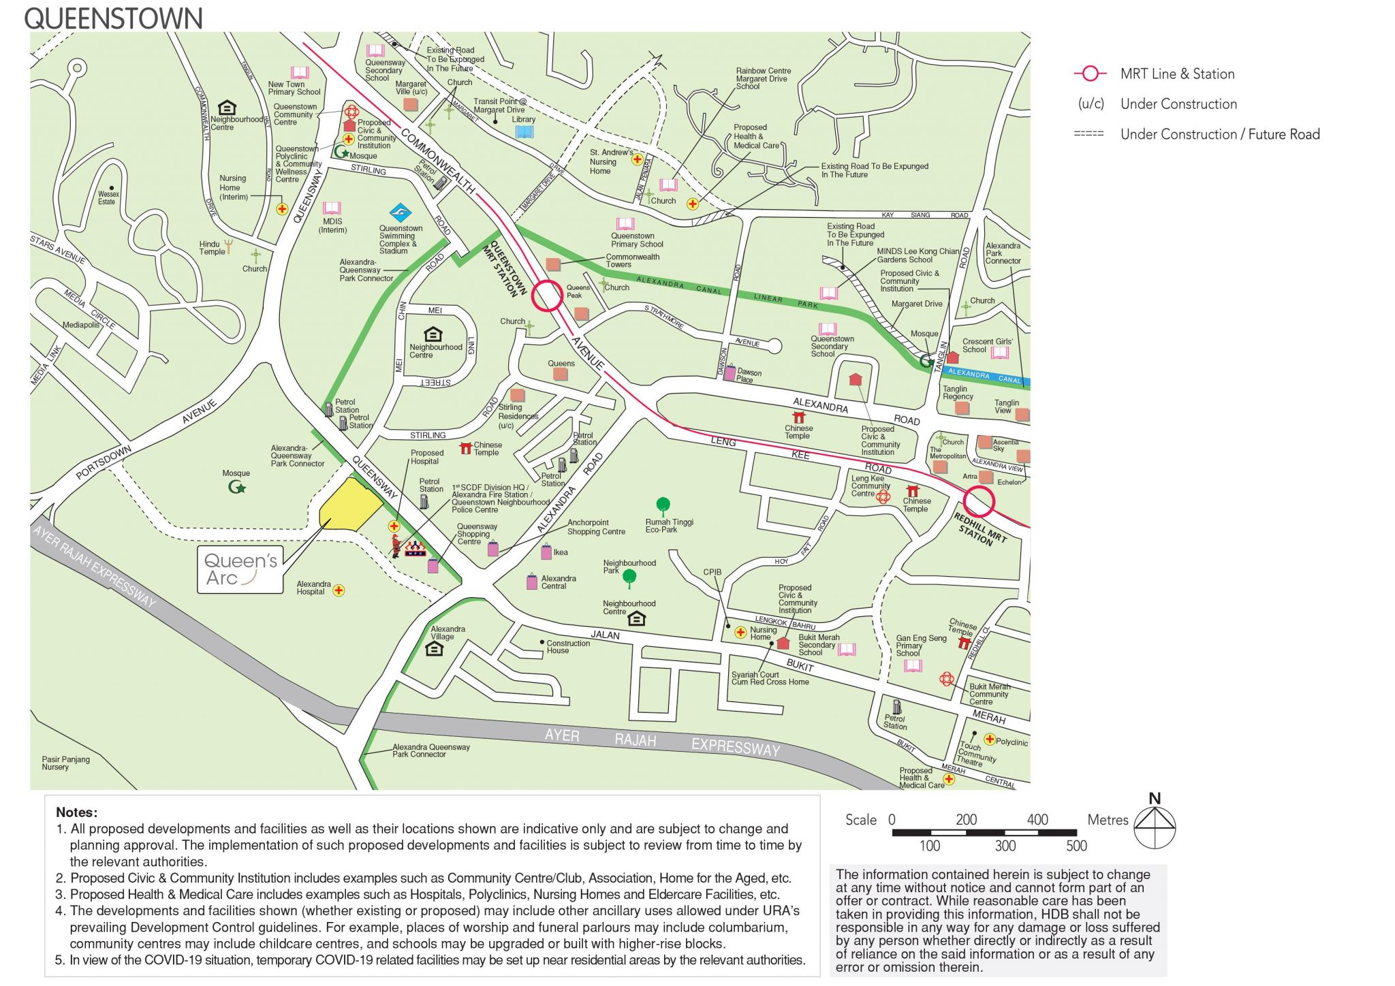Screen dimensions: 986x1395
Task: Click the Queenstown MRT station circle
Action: tap(546, 296)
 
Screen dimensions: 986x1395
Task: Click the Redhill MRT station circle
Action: tap(979, 502)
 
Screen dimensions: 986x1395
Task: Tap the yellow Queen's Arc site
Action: tap(349, 505)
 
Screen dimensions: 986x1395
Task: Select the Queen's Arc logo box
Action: tap(240, 569)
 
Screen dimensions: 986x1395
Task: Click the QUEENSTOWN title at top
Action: tap(113, 18)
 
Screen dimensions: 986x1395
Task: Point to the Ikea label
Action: tap(561, 552)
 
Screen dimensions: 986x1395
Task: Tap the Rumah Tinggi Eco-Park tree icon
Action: tap(663, 505)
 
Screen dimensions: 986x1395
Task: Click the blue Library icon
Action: tap(524, 131)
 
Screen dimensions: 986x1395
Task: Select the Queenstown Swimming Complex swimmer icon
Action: tap(401, 212)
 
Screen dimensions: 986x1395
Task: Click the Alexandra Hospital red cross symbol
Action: tap(339, 590)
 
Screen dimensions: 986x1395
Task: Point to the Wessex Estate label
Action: tap(108, 198)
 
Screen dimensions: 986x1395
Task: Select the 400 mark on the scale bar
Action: tap(1037, 820)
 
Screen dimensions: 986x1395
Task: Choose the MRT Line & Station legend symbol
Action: tap(1091, 74)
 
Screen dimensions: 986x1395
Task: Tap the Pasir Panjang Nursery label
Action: tap(65, 763)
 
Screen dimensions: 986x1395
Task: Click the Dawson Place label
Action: tap(749, 376)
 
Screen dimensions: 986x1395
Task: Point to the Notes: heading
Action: tap(76, 812)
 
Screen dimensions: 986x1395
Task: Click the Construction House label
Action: tap(567, 647)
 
